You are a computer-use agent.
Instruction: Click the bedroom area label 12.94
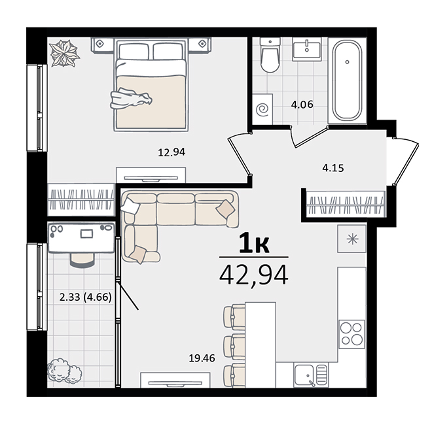(171, 152)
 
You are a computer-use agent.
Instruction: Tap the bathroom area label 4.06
(302, 105)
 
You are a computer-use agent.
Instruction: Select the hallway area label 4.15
(333, 168)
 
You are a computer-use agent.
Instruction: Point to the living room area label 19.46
(202, 358)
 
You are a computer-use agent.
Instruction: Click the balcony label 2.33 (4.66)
(85, 297)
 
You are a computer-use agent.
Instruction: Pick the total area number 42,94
(254, 275)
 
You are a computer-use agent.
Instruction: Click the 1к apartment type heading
(254, 244)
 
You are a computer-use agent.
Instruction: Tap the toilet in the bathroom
(270, 55)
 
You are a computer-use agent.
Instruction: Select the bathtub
(347, 81)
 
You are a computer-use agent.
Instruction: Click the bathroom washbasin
(306, 49)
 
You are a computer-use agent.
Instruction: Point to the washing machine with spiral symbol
(262, 109)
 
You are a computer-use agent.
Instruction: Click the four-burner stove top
(351, 334)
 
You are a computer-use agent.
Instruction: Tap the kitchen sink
(312, 375)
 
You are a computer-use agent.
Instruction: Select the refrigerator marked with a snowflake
(352, 239)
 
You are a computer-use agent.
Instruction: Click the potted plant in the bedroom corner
(65, 53)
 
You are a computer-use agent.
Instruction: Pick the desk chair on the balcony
(82, 260)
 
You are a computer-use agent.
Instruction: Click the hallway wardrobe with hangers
(346, 205)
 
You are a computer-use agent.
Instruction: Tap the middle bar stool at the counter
(234, 347)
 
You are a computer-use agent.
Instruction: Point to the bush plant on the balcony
(64, 371)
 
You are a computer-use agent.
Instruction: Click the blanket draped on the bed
(131, 99)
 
